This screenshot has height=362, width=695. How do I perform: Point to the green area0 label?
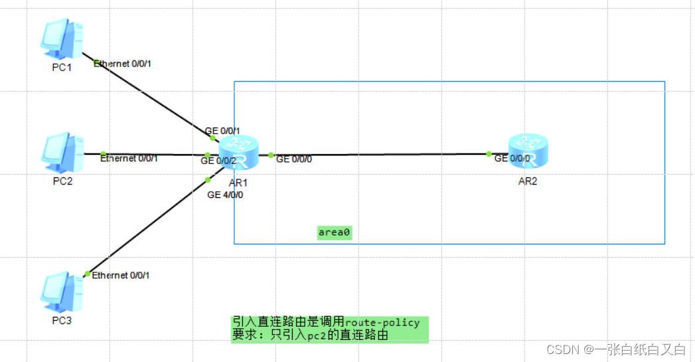334,232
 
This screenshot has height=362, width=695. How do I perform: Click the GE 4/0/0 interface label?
225,195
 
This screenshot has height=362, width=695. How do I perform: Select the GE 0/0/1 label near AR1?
222,131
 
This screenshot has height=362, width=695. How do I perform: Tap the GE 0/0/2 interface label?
219,161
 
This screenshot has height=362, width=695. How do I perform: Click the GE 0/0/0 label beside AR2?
512,159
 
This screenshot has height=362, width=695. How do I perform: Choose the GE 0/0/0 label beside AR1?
294,159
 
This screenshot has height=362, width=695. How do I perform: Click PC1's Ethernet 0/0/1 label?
127,64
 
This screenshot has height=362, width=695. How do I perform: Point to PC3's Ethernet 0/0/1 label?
121,275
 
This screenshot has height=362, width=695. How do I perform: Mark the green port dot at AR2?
489,154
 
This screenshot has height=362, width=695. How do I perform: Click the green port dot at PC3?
87,274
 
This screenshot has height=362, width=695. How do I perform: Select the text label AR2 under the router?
528,181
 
